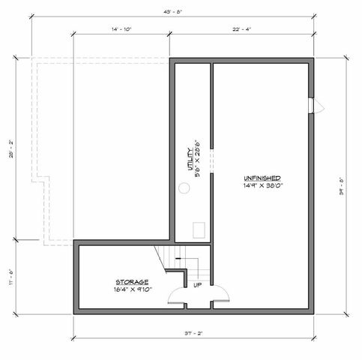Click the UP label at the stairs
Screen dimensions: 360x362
click(x=196, y=286)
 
